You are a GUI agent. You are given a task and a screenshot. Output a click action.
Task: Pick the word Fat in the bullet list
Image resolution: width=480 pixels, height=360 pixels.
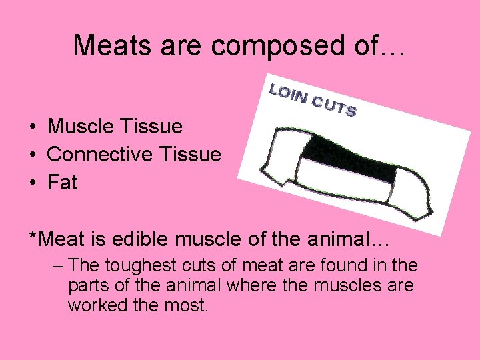(x=63, y=182)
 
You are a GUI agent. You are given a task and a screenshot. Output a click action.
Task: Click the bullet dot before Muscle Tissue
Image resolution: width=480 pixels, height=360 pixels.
(x=32, y=127)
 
